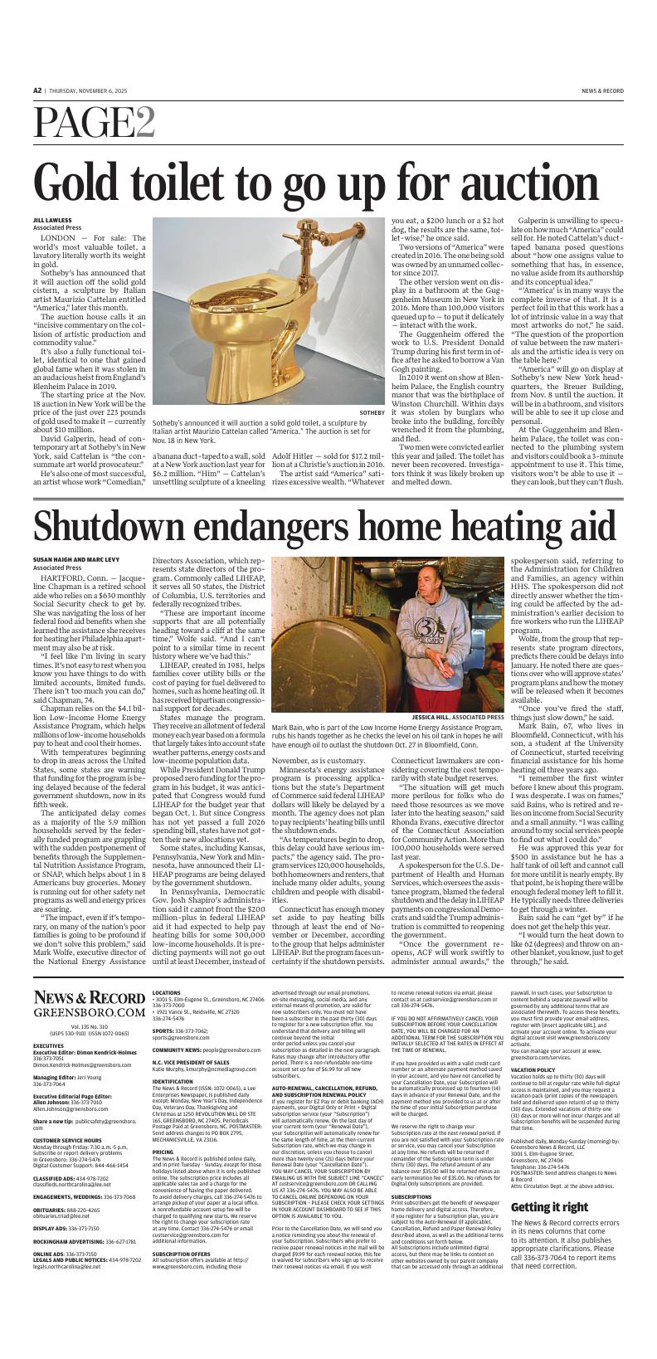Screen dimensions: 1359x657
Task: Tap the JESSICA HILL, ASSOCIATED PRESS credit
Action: [x=457, y=717]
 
